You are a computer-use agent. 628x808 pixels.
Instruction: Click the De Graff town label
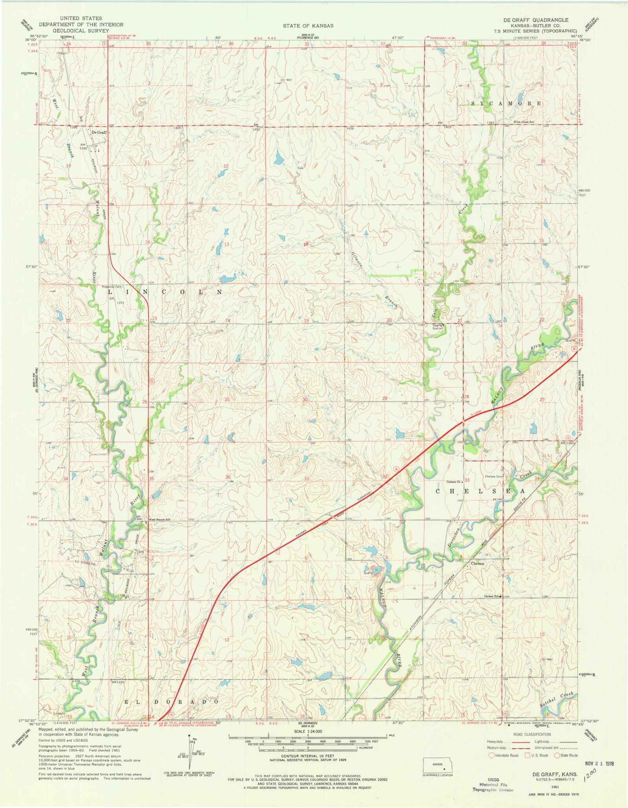pyautogui.click(x=99, y=132)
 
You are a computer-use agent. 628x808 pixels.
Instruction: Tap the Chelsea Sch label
pyautogui.click(x=492, y=596)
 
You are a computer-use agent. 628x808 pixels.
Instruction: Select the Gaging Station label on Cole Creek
pyautogui.click(x=437, y=327)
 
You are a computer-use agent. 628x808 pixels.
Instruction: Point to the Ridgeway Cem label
pyautogui.click(x=111, y=287)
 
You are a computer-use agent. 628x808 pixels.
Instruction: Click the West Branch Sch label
pyautogui.click(x=159, y=519)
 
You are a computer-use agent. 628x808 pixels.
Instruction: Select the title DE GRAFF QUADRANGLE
pyautogui.click(x=536, y=20)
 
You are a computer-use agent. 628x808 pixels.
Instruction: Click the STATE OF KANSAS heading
pyautogui.click(x=308, y=26)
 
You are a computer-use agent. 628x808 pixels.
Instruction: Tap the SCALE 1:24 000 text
pyautogui.click(x=308, y=731)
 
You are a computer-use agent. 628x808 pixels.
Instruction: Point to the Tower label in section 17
pyautogui.click(x=417, y=251)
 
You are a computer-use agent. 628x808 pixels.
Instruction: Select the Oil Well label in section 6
pyautogui.click(x=286, y=80)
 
